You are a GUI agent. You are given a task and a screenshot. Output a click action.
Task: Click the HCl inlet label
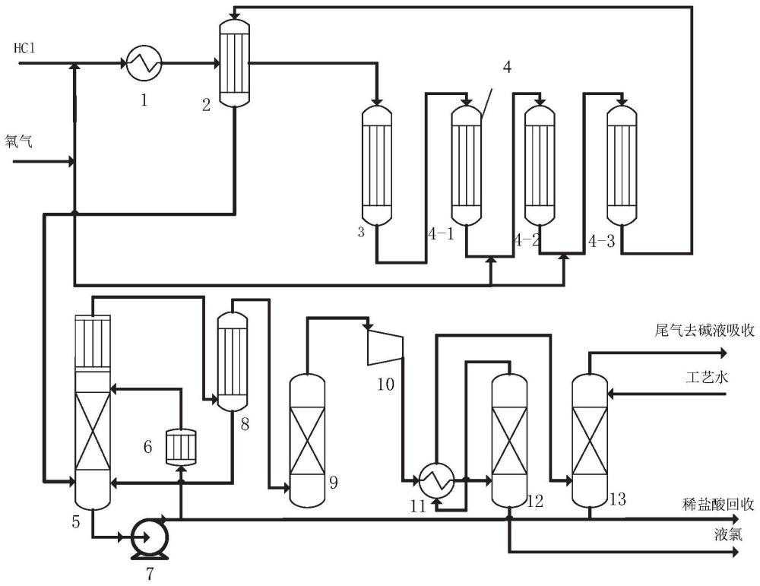coord(24,49)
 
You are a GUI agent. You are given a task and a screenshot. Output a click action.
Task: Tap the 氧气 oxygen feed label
coord(18,141)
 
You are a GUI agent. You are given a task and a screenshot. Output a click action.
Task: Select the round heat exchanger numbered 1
coord(144,63)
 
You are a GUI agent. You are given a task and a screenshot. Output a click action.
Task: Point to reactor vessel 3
coord(377,165)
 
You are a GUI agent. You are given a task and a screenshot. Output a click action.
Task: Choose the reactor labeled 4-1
coord(467,165)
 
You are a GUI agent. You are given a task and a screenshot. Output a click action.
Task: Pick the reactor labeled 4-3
coord(622,165)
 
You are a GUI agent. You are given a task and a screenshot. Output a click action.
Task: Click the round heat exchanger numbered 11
coord(436,480)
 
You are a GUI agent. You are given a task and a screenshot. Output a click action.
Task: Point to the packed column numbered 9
coord(307,440)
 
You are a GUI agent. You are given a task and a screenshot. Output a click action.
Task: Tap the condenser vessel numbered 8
coord(233,361)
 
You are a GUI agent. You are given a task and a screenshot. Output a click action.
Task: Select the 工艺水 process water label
coord(707,377)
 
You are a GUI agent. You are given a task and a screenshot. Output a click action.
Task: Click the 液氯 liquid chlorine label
coord(727,534)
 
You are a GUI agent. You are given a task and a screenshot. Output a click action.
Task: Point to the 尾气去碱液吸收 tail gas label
coord(705,331)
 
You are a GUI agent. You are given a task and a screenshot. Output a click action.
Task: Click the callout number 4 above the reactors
coord(506,67)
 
